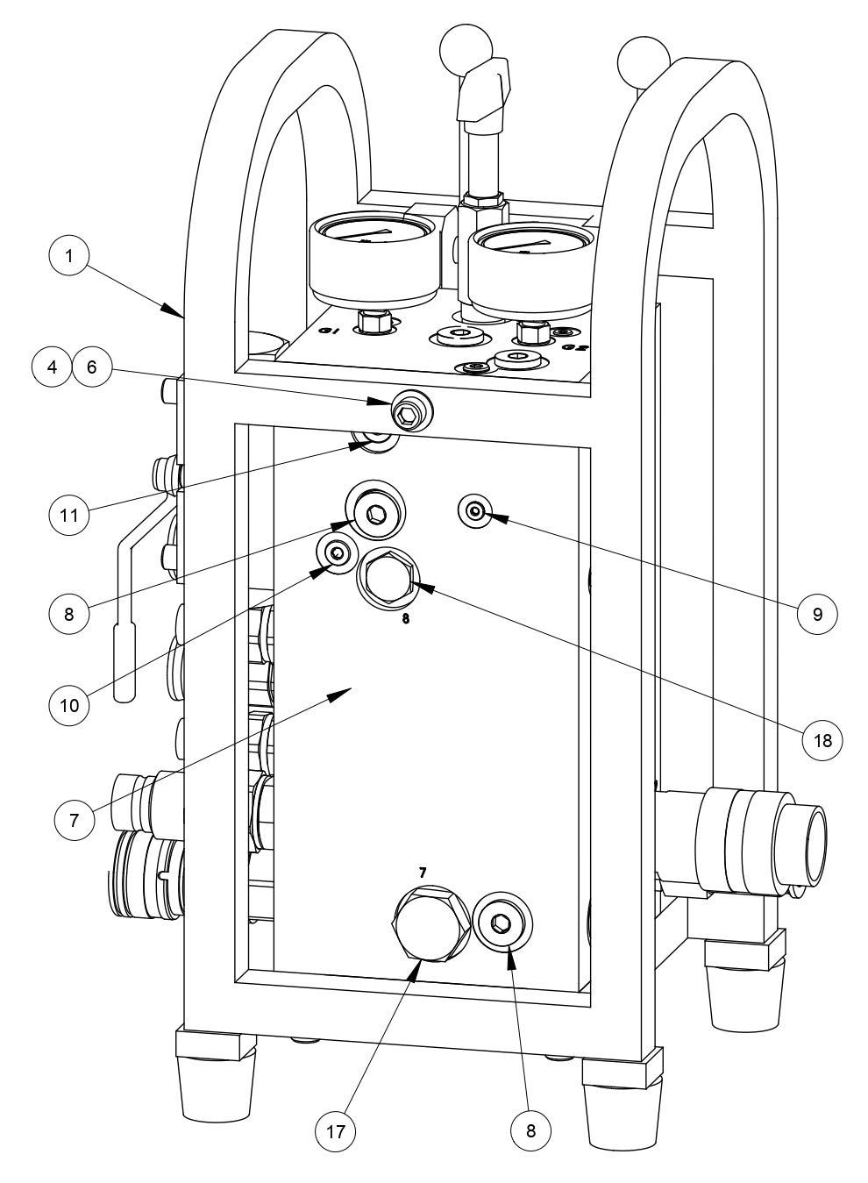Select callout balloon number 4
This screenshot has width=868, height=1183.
click(53, 368)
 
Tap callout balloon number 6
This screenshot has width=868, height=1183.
click(93, 368)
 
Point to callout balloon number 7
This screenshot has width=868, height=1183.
click(74, 820)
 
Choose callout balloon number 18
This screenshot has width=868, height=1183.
click(822, 738)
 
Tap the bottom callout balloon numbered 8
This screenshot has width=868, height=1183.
click(531, 1130)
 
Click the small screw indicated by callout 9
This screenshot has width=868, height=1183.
click(474, 511)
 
